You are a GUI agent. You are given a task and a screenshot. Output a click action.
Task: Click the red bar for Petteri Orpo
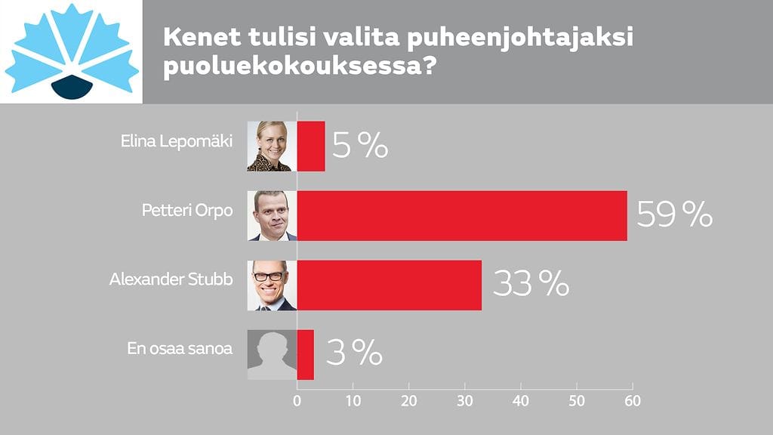[x=461, y=215]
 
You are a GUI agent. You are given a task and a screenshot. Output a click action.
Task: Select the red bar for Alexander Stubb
[x=389, y=285]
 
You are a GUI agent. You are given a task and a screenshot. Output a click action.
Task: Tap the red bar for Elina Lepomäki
[x=311, y=146]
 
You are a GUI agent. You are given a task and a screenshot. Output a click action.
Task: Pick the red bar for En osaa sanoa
[x=305, y=354]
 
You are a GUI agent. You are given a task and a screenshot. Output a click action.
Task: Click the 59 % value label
[x=674, y=215]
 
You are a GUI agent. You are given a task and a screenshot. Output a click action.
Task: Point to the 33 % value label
[x=530, y=285]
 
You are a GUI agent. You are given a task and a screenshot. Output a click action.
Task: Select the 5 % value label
[x=359, y=146]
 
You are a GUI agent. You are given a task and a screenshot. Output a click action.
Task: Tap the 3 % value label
[x=354, y=352]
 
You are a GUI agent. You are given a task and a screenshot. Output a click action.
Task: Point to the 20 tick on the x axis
[x=408, y=400]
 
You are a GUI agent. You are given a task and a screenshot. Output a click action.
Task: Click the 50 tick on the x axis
[x=576, y=400]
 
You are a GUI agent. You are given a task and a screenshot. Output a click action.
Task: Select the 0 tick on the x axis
[x=297, y=400]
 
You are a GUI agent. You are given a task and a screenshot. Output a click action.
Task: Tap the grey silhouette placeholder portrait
[x=272, y=354]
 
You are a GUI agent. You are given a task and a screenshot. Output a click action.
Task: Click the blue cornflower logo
[x=72, y=51]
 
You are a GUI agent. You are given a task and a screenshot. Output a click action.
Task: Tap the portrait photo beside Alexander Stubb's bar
[x=272, y=285]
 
